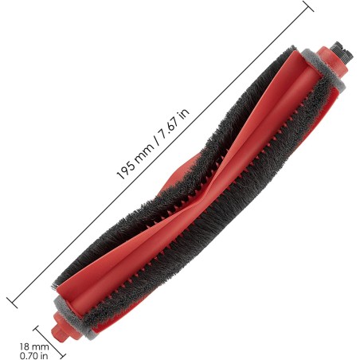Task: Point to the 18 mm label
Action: tap(34, 346)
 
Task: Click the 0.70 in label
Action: tap(34, 355)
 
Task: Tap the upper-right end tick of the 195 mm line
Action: tap(309, 6)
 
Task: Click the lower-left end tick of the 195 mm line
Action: tap(12, 303)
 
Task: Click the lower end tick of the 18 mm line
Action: tap(62, 355)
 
